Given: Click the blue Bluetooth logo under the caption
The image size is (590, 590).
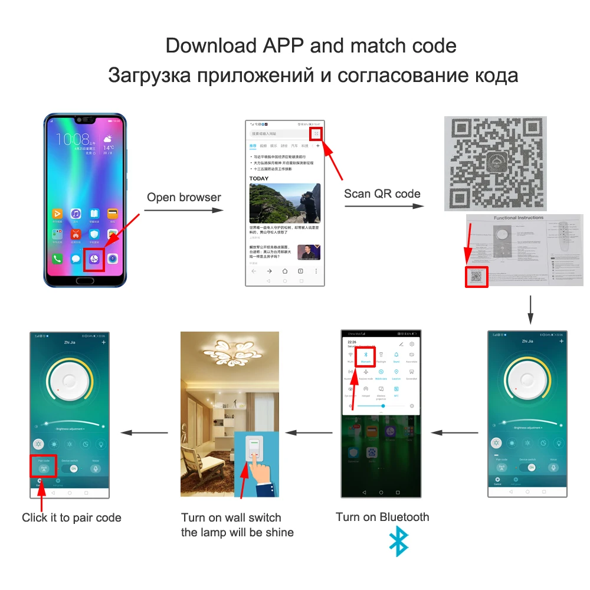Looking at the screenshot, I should (x=399, y=541).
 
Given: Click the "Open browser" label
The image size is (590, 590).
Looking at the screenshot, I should (x=183, y=197).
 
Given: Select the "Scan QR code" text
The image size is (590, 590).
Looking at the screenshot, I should (x=382, y=194).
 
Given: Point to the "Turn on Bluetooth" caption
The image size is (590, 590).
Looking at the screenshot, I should (x=382, y=517).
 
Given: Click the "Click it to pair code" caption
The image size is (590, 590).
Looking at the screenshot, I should (x=71, y=518).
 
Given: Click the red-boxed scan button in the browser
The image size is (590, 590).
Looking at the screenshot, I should (x=316, y=134).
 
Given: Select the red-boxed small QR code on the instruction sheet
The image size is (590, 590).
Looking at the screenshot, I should (x=477, y=276).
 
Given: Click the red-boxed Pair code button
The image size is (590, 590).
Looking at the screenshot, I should (x=43, y=467).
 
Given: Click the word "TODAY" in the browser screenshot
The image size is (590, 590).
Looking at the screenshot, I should (x=258, y=178).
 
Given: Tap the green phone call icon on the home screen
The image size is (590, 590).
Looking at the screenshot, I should (x=58, y=258).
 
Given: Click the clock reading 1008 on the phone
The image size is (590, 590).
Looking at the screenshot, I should (x=72, y=139).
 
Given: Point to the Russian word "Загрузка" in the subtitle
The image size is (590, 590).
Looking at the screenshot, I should (x=149, y=76).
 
